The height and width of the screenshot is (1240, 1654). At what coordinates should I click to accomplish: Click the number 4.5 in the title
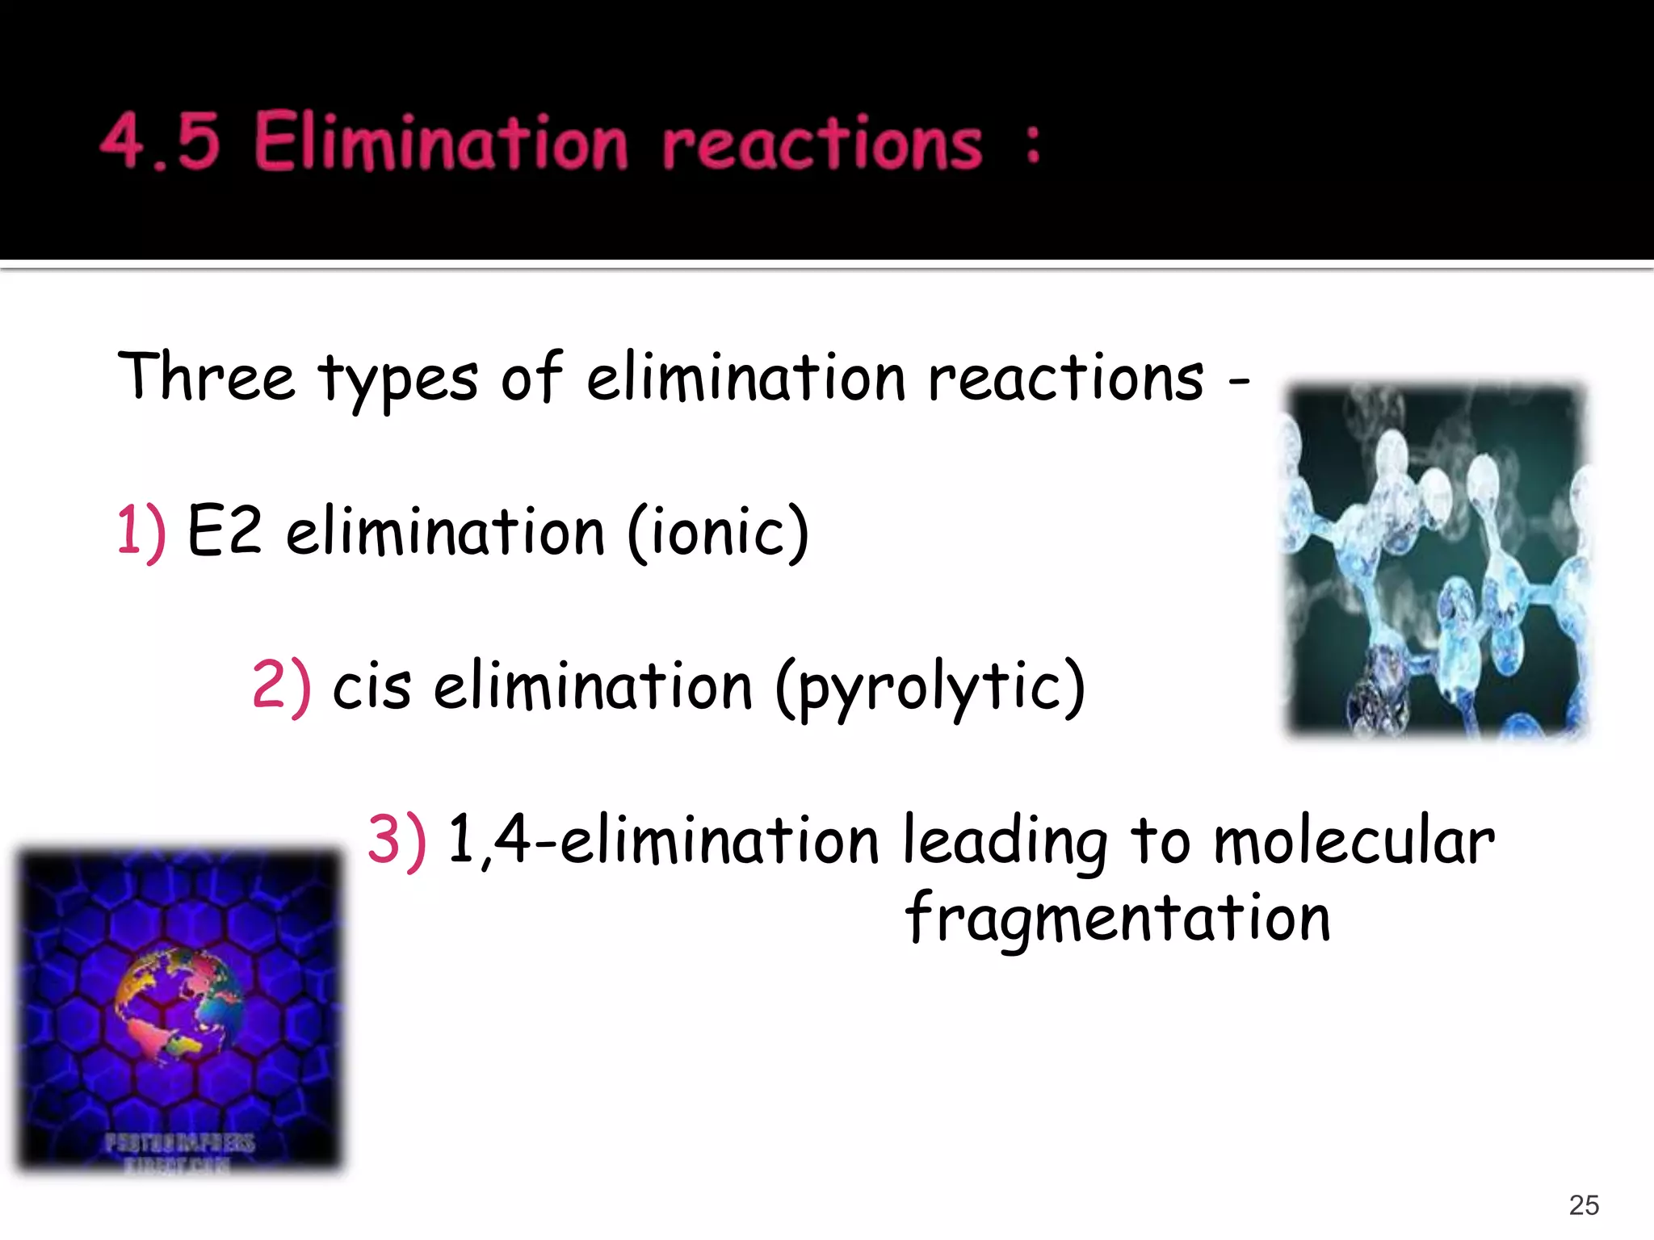[160, 142]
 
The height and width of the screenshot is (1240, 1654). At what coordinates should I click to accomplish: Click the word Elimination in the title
[441, 142]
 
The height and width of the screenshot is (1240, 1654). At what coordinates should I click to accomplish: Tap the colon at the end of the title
[1032, 144]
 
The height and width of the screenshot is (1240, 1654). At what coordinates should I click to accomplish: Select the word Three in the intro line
[206, 377]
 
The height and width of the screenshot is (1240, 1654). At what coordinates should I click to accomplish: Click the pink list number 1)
[141, 531]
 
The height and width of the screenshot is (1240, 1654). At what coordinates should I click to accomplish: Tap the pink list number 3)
[397, 840]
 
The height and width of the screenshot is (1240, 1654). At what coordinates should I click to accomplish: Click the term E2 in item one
[225, 531]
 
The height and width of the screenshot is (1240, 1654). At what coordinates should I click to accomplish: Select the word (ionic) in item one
[718, 533]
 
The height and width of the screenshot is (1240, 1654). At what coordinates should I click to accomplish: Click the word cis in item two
[372, 687]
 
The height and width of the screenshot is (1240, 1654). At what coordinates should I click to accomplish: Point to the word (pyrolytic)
[930, 689]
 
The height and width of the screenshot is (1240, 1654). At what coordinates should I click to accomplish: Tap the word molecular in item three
[1354, 841]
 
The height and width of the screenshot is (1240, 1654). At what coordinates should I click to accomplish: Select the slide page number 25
[1584, 1205]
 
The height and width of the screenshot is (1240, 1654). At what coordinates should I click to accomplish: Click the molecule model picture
[1436, 560]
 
